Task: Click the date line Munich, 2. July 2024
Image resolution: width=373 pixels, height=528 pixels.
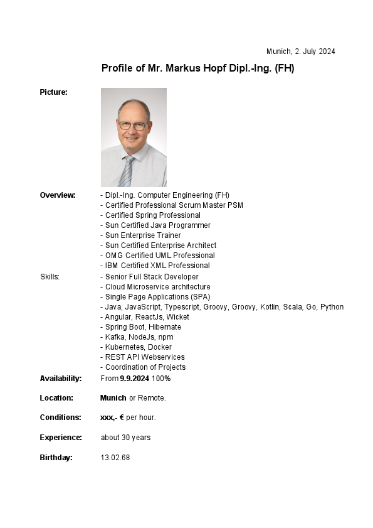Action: click(300, 51)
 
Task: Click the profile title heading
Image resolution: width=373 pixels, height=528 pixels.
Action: click(197, 68)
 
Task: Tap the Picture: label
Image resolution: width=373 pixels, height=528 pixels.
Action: click(53, 92)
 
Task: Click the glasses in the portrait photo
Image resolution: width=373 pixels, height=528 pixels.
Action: click(134, 126)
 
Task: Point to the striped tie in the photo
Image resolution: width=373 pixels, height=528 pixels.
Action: click(127, 171)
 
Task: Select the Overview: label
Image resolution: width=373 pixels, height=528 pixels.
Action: click(58, 195)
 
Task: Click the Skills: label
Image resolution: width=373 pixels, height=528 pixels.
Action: click(50, 277)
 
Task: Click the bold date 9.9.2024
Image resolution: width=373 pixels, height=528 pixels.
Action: click(135, 379)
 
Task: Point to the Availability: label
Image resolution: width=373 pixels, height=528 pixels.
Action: click(61, 379)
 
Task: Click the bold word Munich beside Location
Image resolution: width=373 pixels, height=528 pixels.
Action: click(113, 398)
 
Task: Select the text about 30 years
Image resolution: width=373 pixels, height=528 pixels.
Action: click(125, 438)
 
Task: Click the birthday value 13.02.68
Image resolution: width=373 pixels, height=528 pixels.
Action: click(115, 458)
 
